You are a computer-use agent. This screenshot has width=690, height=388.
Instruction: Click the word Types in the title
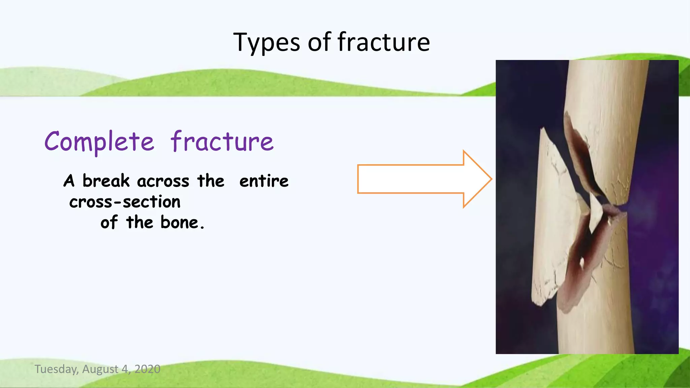266,43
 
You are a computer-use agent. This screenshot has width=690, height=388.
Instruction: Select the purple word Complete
99,141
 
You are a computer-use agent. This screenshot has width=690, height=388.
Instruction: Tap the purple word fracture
222,141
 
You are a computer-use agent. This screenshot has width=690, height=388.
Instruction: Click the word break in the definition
106,181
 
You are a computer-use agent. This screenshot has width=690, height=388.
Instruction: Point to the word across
163,182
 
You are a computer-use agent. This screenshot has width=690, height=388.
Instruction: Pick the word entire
264,181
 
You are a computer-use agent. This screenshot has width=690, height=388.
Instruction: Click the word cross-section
125,202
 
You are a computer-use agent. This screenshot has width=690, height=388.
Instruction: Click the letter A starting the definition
69,181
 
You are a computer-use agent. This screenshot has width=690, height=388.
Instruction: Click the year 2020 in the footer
147,369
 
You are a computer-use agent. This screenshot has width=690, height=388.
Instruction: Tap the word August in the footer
100,369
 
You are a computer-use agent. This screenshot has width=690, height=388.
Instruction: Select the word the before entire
211,181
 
